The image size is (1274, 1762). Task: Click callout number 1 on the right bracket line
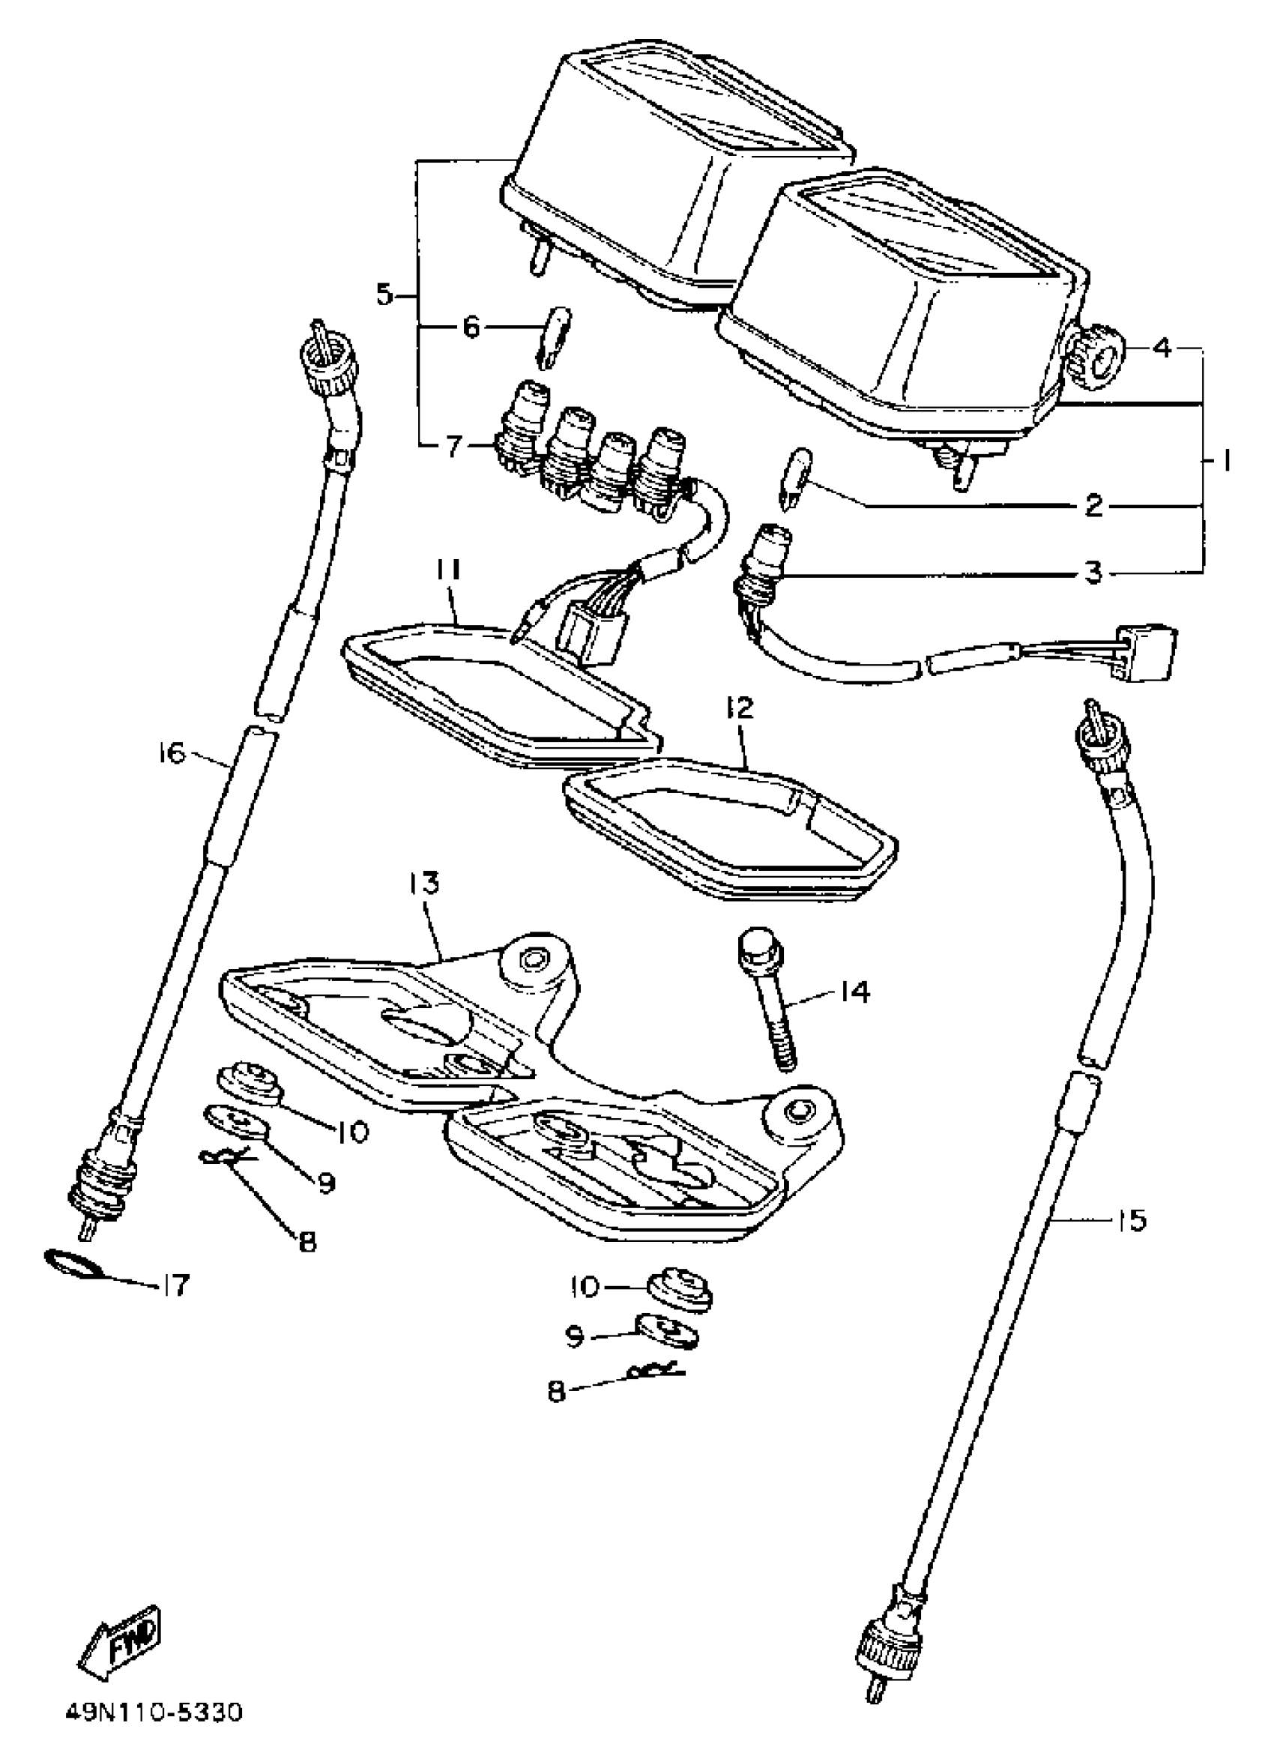point(1222,462)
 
